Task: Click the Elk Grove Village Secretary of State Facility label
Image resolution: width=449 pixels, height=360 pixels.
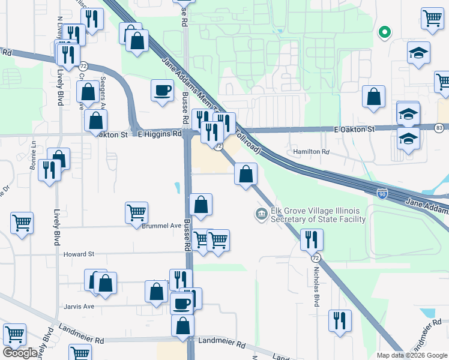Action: click(318, 215)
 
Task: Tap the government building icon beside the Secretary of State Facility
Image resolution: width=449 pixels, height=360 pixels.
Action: click(261, 214)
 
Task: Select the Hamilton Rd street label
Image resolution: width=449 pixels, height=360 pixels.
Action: click(312, 152)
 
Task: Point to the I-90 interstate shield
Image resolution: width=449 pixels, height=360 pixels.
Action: click(382, 193)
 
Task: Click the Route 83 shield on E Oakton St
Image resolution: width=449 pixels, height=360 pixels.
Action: click(440, 128)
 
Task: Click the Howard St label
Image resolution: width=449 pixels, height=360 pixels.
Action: click(79, 254)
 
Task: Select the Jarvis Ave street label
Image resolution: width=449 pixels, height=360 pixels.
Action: click(80, 306)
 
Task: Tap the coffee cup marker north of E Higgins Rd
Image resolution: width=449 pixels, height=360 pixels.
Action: click(162, 91)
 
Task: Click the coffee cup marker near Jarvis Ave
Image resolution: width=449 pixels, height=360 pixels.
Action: click(181, 304)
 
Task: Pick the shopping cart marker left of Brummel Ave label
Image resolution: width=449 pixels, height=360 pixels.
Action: click(136, 212)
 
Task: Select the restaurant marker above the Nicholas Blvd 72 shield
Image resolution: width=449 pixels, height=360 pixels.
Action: click(311, 239)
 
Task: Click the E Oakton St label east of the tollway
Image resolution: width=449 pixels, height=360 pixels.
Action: click(354, 129)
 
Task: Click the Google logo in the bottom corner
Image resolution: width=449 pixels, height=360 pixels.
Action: click(20, 353)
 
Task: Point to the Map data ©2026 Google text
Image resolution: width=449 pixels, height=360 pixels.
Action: click(412, 355)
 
